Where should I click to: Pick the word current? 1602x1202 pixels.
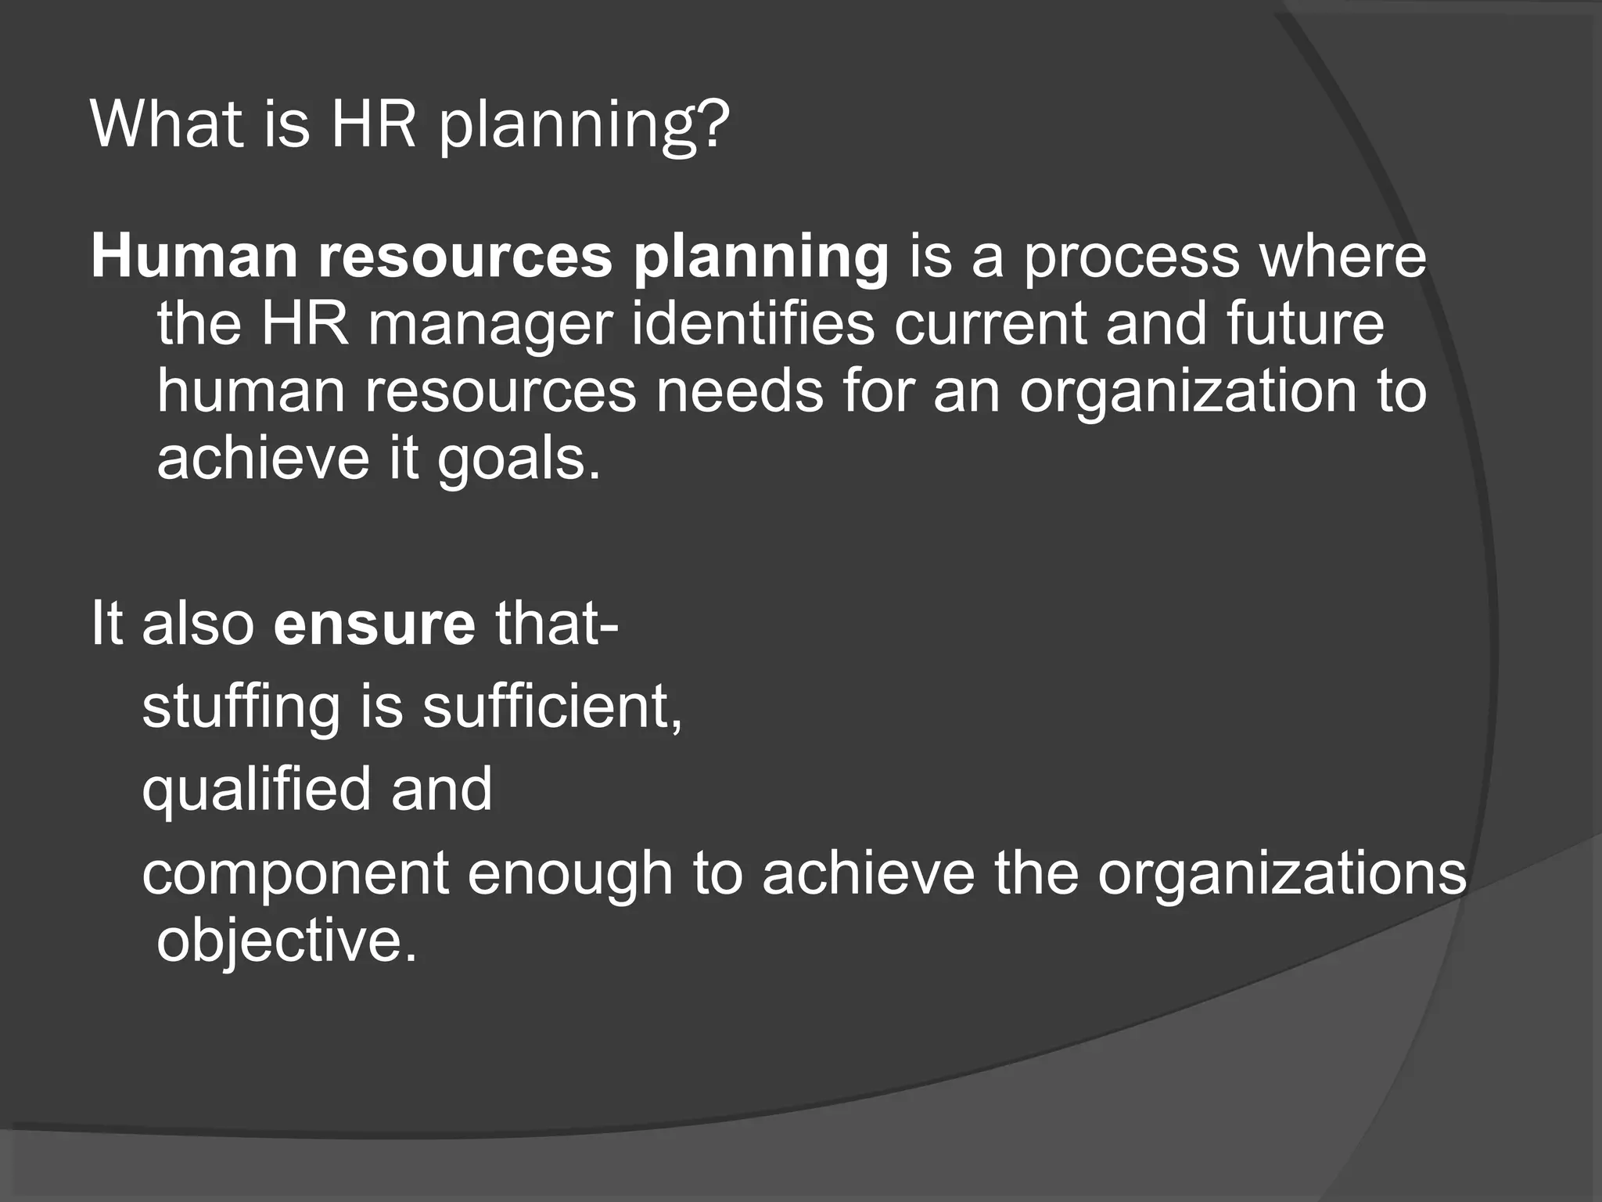coord(990,324)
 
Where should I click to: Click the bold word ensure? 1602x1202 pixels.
coord(374,623)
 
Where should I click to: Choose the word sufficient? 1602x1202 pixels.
coord(552,706)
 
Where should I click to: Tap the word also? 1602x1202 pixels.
coord(198,623)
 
